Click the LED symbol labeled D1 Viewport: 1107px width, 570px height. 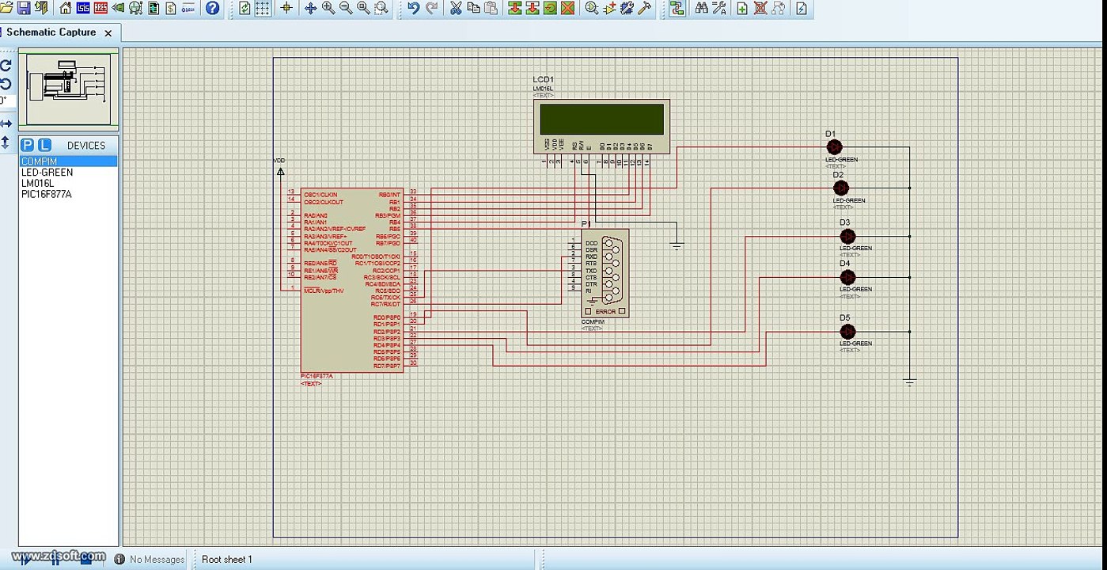[834, 147]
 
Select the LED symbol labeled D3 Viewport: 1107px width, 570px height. [847, 236]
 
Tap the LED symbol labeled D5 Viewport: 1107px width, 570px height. [847, 332]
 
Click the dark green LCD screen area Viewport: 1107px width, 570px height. [601, 120]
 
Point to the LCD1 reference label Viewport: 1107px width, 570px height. [544, 80]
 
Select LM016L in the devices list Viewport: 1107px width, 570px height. [37, 183]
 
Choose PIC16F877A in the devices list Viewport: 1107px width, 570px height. [47, 194]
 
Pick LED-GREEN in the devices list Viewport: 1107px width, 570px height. [47, 172]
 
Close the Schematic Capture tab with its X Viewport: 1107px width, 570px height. [108, 32]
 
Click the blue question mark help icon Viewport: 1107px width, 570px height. [213, 8]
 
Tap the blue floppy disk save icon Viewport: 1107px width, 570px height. [23, 8]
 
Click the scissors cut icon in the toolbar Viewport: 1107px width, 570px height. [456, 8]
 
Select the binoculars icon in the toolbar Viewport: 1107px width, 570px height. [701, 8]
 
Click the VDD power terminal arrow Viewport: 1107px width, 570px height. [280, 170]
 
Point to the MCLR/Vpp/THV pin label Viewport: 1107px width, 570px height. [324, 291]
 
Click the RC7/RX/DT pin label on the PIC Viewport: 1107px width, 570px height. [386, 304]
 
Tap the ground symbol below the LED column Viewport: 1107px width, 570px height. [910, 382]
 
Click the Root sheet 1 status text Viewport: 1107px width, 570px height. [227, 560]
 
